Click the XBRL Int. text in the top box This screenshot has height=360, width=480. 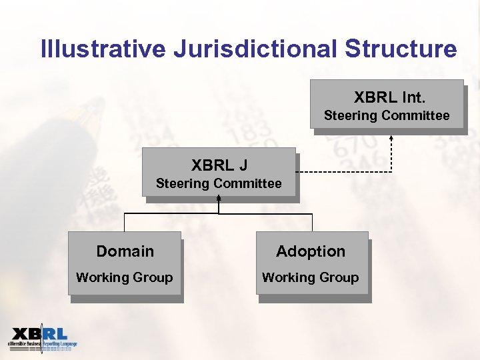tap(389, 98)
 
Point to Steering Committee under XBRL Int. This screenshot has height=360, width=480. tap(387, 116)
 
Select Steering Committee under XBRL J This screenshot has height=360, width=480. tap(219, 183)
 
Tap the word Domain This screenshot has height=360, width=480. tap(125, 251)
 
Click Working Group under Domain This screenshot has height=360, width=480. tap(124, 277)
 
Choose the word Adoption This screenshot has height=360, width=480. tap(311, 251)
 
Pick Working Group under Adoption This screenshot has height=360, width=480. tap(310, 277)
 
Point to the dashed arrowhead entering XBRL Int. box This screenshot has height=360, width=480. tap(391, 137)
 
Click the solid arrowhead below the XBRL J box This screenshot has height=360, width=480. tap(219, 198)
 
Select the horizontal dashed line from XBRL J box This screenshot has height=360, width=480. tap(343, 172)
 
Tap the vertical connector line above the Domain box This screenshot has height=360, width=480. tap(125, 223)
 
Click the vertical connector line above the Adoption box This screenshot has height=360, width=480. tap(312, 223)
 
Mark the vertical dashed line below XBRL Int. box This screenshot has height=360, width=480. tap(391, 155)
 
